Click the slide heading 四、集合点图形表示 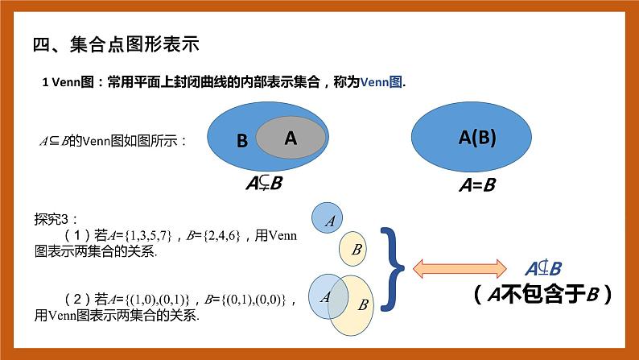pyautogui.click(x=116, y=44)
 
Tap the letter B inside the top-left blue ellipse pyautogui.click(x=242, y=141)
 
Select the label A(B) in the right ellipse pyautogui.click(x=477, y=137)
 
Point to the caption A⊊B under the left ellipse pyautogui.click(x=264, y=184)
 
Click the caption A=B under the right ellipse pyautogui.click(x=476, y=184)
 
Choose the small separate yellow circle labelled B pyautogui.click(x=354, y=248)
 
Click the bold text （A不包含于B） pyautogui.click(x=543, y=295)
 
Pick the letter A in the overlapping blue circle pyautogui.click(x=325, y=296)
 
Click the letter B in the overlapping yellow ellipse pyautogui.click(x=363, y=304)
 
